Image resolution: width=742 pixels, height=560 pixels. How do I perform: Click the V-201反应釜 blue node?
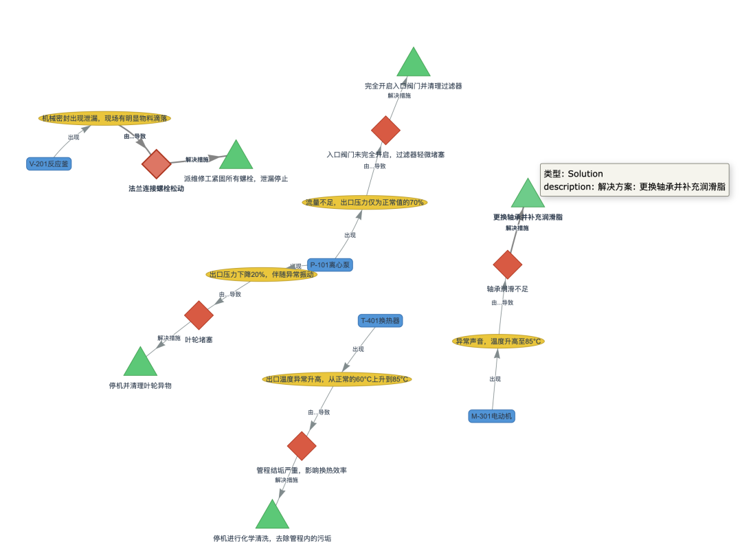(x=49, y=164)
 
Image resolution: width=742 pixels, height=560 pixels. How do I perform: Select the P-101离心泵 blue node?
(x=330, y=265)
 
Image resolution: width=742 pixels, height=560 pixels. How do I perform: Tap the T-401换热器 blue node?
(x=380, y=320)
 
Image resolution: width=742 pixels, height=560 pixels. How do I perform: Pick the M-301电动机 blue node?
(x=492, y=416)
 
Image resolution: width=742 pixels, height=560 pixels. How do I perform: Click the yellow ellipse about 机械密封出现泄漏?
(x=104, y=118)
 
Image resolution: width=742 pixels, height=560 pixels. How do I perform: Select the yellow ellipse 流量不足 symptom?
(x=365, y=202)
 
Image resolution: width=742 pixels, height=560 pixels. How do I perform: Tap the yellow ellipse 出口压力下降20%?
(x=261, y=274)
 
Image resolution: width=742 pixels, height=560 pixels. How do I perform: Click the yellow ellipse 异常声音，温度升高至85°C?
(x=499, y=341)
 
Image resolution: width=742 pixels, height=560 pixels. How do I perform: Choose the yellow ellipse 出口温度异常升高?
(x=337, y=379)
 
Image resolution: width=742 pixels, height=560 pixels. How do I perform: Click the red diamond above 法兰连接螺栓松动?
(x=157, y=164)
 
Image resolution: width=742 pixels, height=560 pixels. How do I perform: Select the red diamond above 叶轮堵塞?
(x=199, y=315)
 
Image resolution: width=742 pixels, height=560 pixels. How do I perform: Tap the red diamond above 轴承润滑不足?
(x=508, y=265)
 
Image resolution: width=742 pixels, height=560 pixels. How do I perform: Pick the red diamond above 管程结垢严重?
(x=302, y=446)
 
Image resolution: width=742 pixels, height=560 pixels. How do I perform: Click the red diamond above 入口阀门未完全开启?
(x=385, y=131)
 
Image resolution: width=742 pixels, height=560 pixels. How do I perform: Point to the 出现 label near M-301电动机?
(x=495, y=379)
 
